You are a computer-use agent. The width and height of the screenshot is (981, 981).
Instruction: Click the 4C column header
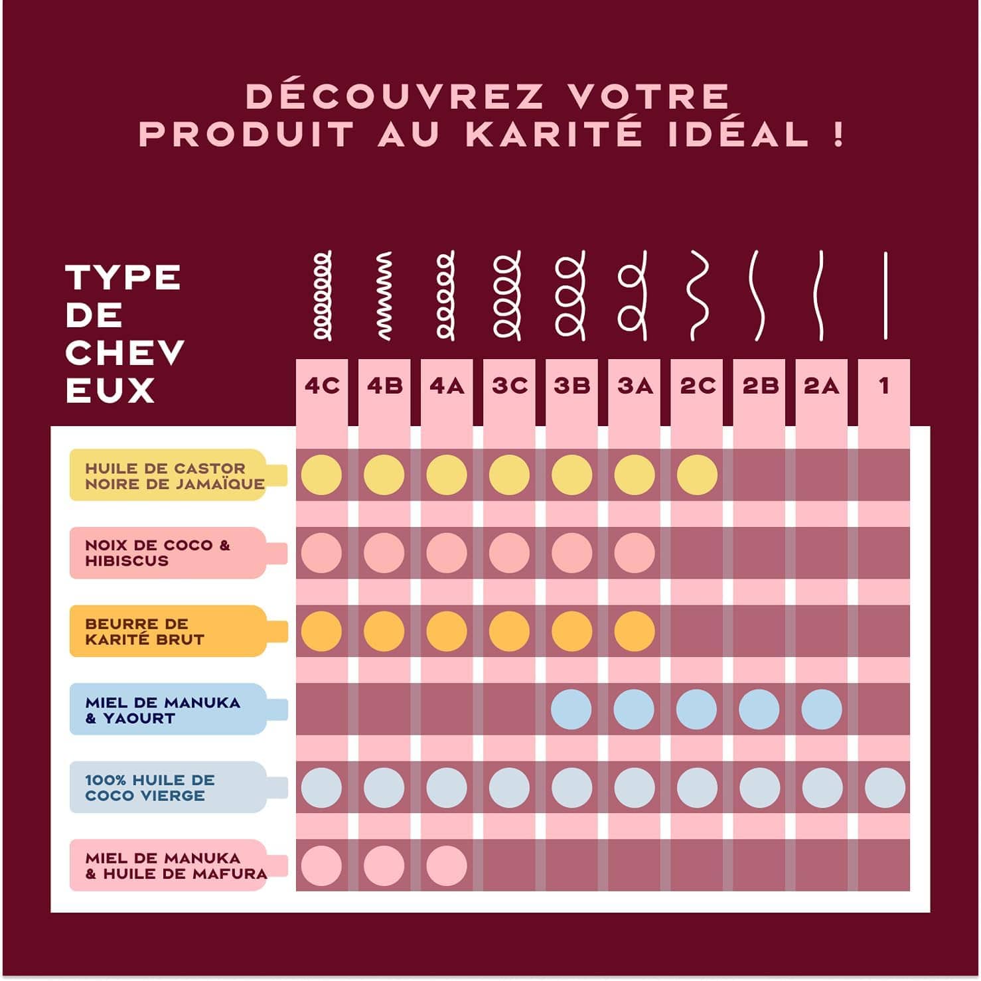[x=322, y=386]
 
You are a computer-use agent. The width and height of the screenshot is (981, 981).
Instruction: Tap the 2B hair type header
[x=760, y=386]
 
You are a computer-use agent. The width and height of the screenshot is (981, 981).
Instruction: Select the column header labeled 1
[x=884, y=386]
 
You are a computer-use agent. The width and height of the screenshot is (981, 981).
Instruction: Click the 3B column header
[x=572, y=386]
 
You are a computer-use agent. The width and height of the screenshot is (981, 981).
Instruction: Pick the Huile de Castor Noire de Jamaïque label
[x=175, y=476]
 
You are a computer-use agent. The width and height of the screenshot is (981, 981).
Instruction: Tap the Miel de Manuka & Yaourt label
[x=163, y=710]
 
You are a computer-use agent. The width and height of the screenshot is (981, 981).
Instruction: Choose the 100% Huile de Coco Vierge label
[x=150, y=787]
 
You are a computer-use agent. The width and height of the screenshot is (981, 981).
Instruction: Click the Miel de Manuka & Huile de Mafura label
[x=176, y=866]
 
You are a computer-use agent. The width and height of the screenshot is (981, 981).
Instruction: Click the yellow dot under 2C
[x=697, y=475]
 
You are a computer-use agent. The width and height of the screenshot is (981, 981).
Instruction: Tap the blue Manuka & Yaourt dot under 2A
[x=822, y=709]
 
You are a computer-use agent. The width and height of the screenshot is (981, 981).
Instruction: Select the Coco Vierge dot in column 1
[x=885, y=788]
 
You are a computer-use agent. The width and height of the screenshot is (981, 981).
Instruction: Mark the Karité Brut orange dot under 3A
[x=635, y=631]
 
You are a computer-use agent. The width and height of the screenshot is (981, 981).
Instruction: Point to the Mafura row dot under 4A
[x=447, y=866]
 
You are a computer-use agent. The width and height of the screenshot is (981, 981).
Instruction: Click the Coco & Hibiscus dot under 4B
[x=384, y=553]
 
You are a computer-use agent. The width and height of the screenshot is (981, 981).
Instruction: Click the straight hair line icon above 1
[x=885, y=295]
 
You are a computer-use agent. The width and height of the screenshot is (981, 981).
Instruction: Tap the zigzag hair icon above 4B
[x=384, y=295]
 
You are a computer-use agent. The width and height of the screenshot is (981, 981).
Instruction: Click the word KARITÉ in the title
[x=554, y=134]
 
